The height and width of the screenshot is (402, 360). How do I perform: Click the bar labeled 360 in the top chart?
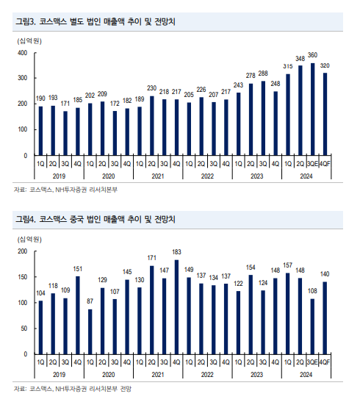[x=312, y=110]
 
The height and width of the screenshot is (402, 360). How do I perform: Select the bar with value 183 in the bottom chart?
[x=176, y=307]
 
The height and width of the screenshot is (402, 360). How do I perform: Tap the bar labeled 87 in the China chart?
[x=90, y=331]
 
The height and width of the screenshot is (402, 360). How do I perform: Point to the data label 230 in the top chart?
[x=151, y=88]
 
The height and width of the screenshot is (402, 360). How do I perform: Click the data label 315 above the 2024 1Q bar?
[x=288, y=66]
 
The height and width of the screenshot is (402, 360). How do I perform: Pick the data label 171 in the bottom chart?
[x=151, y=258]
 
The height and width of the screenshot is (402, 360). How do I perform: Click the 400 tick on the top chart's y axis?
[x=22, y=53]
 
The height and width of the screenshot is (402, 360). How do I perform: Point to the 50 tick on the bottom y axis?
[x=24, y=329]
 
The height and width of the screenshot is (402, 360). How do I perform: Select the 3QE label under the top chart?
[x=312, y=164]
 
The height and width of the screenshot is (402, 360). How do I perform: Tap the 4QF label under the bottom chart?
[x=325, y=362]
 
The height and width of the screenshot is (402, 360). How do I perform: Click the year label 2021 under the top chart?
[x=158, y=176]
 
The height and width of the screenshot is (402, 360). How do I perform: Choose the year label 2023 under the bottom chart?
[x=256, y=375]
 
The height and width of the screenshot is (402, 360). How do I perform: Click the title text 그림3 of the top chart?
[x=26, y=21]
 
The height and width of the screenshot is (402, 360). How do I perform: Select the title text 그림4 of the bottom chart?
[x=26, y=220]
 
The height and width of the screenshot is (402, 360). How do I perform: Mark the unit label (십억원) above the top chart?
[x=29, y=41]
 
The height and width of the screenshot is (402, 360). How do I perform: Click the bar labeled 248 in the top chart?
[x=276, y=123]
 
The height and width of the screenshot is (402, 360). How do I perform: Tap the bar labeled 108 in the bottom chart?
[x=312, y=326]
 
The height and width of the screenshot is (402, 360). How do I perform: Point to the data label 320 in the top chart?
[x=325, y=65]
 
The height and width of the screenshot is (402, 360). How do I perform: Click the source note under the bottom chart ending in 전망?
[x=73, y=389]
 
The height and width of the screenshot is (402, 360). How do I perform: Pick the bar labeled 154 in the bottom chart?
[x=251, y=315]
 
